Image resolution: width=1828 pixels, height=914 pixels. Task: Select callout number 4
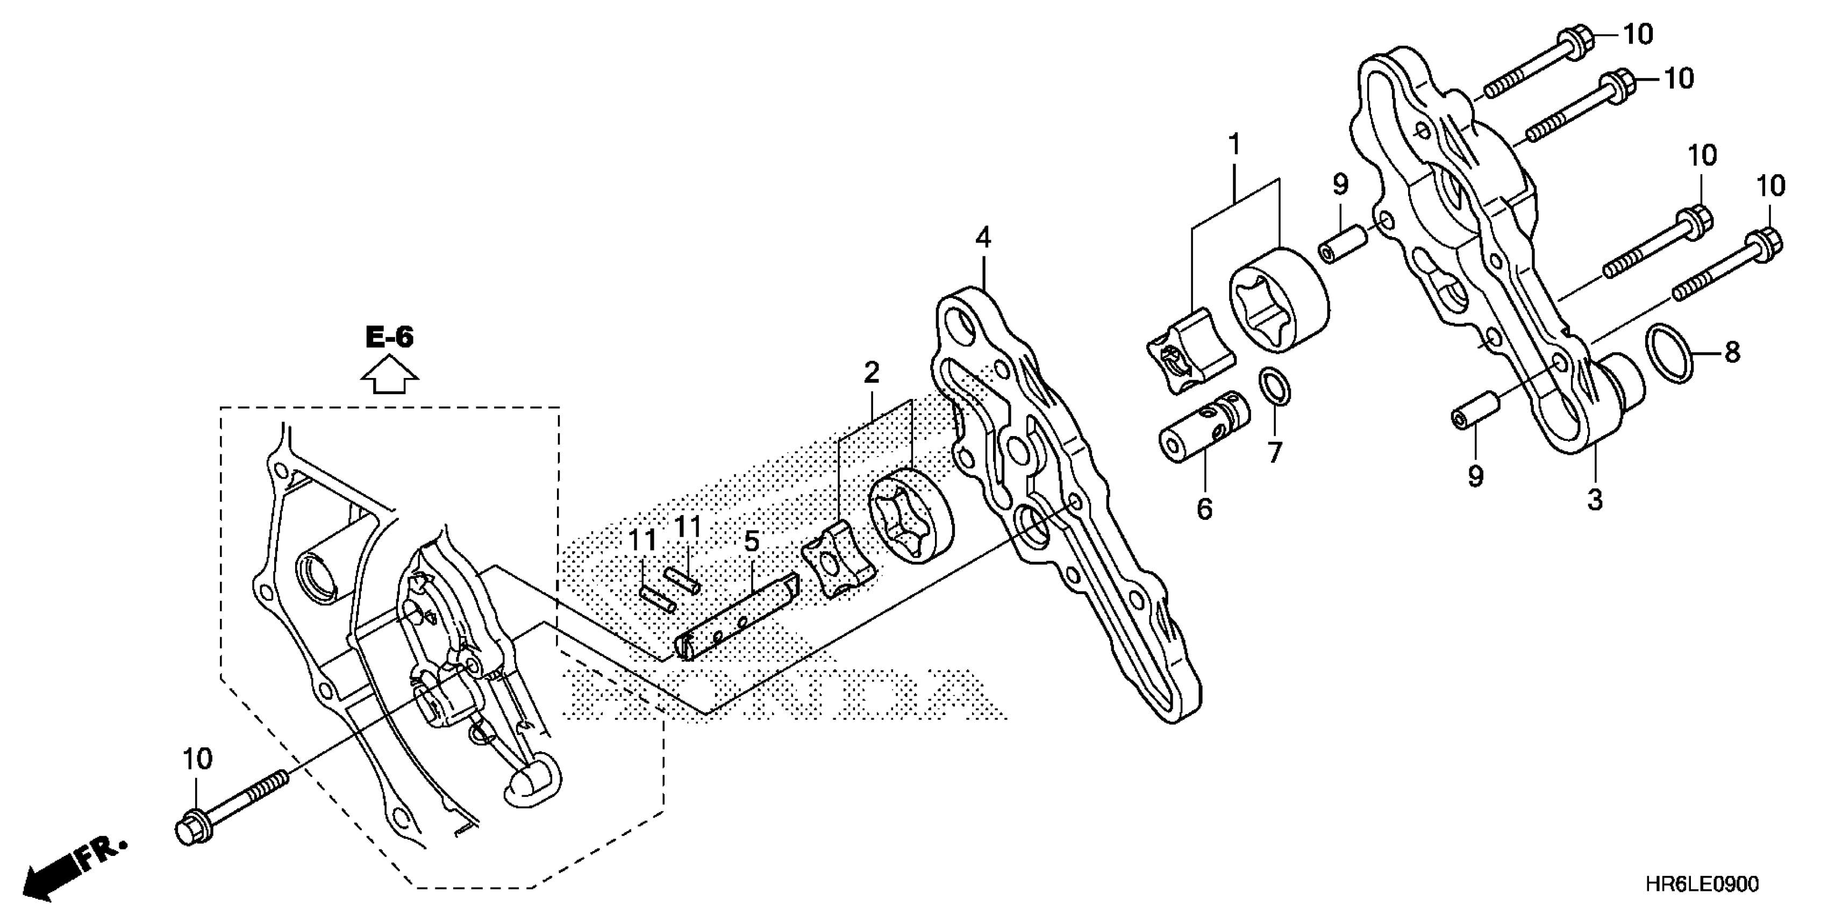[983, 238]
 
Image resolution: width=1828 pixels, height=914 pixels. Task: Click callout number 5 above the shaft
[752, 542]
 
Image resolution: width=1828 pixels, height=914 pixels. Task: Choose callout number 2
[872, 372]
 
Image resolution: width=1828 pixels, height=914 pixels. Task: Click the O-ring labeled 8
[1669, 352]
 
